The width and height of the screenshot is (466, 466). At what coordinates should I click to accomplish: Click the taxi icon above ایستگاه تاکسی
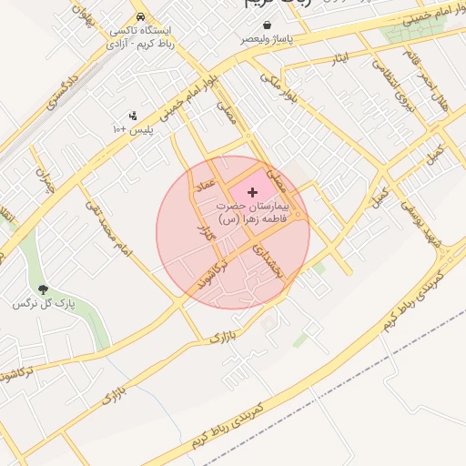pos(139,17)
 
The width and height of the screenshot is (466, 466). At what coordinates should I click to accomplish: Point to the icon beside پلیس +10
pos(133,116)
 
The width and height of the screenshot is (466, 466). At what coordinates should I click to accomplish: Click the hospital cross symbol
pos(252,193)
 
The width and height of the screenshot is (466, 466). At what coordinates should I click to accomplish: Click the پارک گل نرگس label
pos(44,302)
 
